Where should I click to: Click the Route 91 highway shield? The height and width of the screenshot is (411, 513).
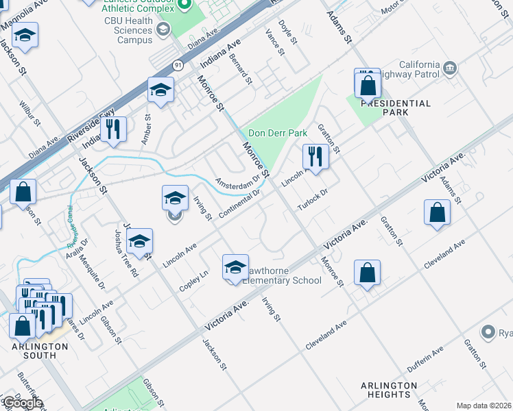[178, 65]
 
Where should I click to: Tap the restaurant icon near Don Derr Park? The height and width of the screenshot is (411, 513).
[315, 156]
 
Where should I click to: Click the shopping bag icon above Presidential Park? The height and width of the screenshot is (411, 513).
[368, 86]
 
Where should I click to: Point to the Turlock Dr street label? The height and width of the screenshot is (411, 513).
[313, 201]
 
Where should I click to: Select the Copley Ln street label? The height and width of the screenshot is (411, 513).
[193, 281]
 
